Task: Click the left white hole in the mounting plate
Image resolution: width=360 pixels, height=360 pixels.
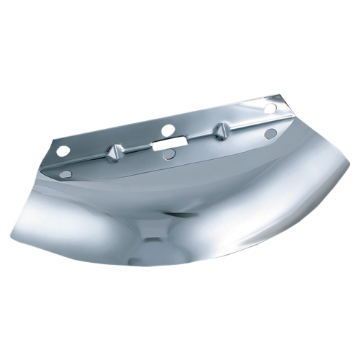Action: tap(63, 150)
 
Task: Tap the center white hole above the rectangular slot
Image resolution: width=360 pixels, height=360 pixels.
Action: tap(168, 130)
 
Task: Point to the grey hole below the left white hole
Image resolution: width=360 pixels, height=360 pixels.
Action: tap(66, 174)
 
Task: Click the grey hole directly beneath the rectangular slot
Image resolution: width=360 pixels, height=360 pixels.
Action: tap(168, 156)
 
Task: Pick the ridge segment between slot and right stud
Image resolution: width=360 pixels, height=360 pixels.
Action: tap(194, 136)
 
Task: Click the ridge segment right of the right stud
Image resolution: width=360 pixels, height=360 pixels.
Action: tap(248, 125)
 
